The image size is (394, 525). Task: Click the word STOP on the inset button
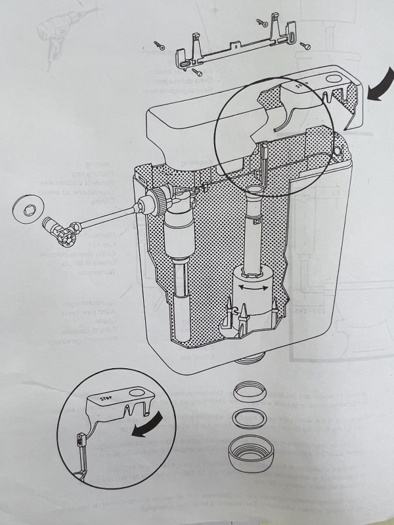(x=104, y=396)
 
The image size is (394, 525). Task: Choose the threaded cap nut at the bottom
(x=250, y=451)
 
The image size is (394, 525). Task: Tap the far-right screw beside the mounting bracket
(x=305, y=46)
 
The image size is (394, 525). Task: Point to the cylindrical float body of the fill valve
(x=177, y=233)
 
